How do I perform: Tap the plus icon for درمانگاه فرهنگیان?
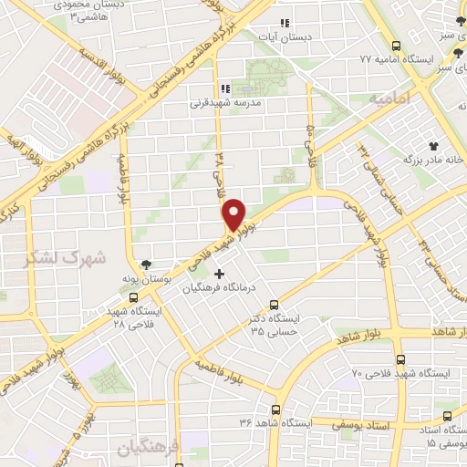217,273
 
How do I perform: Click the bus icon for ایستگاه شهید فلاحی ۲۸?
134,297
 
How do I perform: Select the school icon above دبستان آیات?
285,22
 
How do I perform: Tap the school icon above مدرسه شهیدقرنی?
222,88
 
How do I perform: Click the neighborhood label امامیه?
387,97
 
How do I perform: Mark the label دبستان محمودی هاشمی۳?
88,11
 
